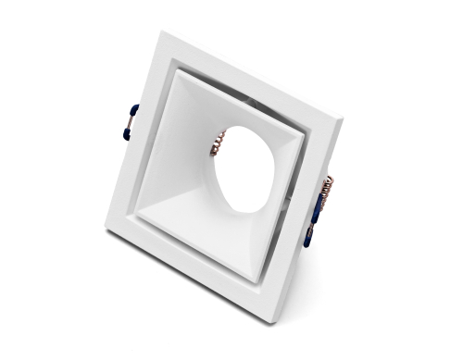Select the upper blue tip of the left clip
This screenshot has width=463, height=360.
pos(132,109)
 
